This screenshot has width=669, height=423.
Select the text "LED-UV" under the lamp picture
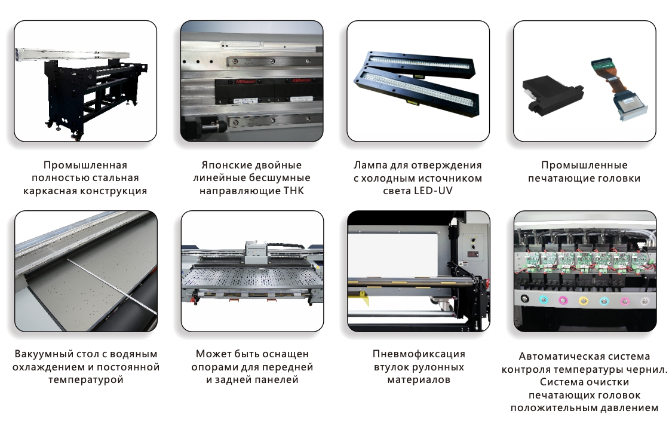click(433, 191)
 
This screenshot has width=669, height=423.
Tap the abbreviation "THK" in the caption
click(293, 191)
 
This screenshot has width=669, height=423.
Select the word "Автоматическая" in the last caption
click(550, 357)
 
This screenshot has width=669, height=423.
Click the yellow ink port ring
click(583, 301)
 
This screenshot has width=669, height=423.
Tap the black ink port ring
click(525, 299)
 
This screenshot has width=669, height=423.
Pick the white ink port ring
click(645, 301)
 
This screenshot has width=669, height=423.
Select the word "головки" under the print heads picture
click(618, 179)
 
